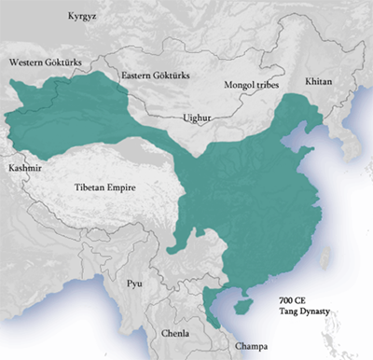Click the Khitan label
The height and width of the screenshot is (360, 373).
pyautogui.click(x=317, y=83)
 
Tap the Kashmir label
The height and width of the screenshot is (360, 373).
pyautogui.click(x=22, y=169)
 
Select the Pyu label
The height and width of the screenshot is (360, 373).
pyautogui.click(x=134, y=281)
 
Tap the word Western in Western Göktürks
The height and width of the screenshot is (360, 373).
pyautogui.click(x=27, y=62)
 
